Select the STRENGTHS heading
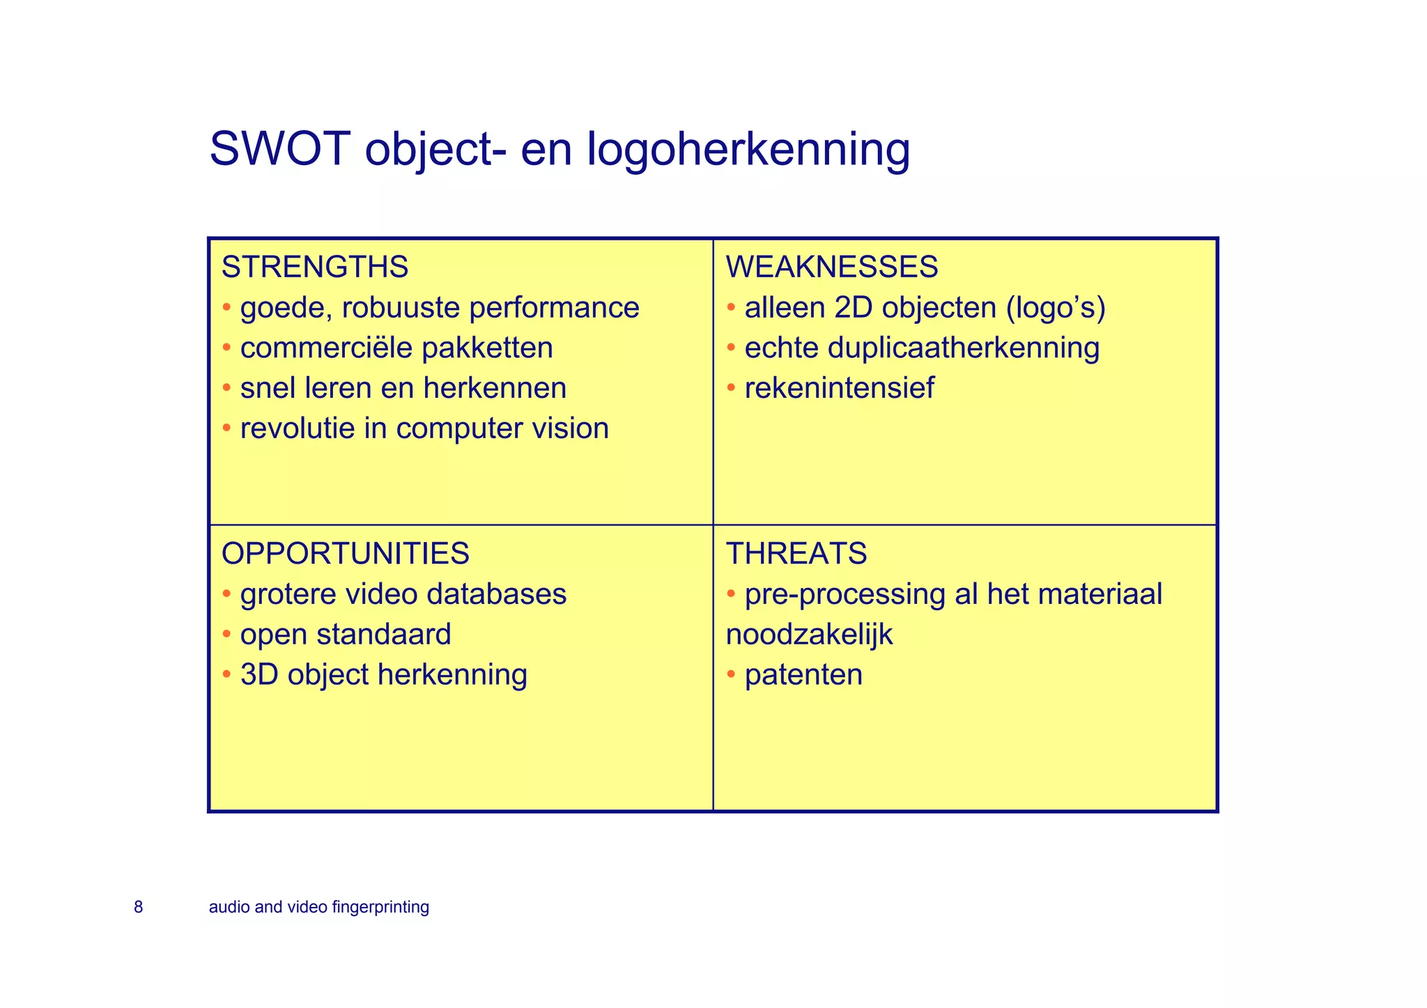314,267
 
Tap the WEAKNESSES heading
832,267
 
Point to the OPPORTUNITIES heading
345,554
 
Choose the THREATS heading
796,554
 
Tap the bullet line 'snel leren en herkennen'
403,389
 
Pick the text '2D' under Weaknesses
853,308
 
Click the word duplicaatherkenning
964,348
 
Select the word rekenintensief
839,389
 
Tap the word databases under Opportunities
496,594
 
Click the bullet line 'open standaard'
345,635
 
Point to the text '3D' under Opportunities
259,675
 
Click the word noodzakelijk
809,635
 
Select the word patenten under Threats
803,675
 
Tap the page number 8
138,907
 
